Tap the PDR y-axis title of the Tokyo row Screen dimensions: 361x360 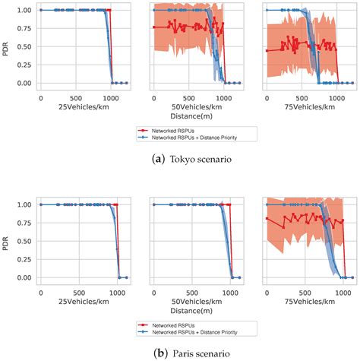click(x=8, y=46)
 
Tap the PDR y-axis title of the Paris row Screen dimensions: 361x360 click(x=8, y=241)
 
